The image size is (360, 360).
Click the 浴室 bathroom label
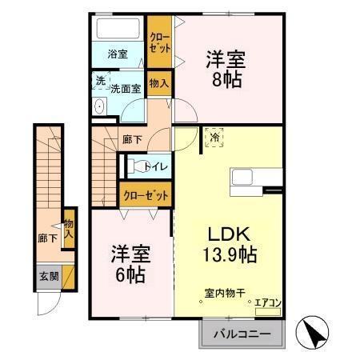[x=118, y=54]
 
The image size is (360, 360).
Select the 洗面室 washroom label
[x=126, y=89]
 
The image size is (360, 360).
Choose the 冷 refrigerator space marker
[x=214, y=137]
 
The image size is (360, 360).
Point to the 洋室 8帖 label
[x=226, y=70]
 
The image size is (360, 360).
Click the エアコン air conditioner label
[x=267, y=302]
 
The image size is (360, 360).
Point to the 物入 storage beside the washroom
[x=158, y=82]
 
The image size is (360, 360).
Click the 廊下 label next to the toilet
[x=133, y=140]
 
